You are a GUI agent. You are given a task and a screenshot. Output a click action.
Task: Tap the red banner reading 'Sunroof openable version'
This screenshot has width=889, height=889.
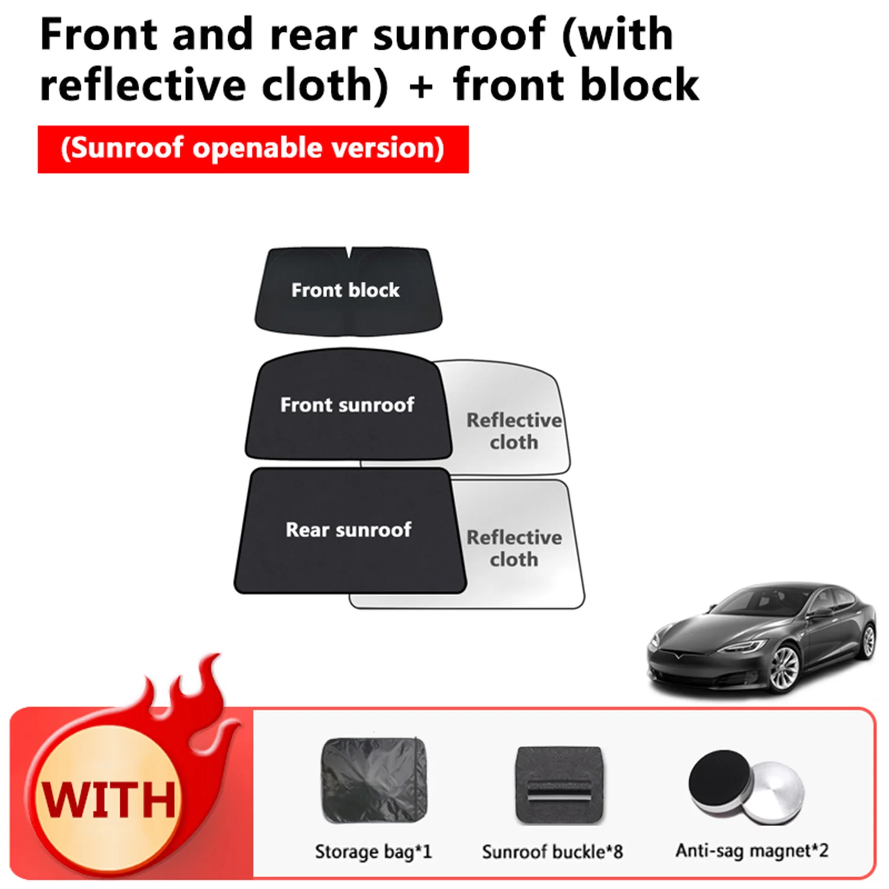[x=253, y=149]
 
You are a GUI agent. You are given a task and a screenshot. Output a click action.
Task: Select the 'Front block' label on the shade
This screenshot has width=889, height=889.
[x=346, y=290]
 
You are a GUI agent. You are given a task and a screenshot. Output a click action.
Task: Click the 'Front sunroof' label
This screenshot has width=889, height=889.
[x=347, y=405]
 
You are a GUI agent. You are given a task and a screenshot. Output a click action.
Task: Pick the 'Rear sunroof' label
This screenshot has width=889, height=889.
[x=348, y=530]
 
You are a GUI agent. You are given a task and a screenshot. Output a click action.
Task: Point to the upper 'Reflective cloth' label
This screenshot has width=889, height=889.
[x=514, y=431]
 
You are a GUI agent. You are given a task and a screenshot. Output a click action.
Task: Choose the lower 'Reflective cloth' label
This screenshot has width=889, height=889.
[x=514, y=548]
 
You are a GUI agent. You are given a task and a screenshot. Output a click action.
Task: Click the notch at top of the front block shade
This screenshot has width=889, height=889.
[x=348, y=253]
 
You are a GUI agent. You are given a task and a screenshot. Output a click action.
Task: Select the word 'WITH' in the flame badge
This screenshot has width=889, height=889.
[x=108, y=800]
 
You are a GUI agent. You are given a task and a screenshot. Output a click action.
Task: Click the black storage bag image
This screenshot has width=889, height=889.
[x=374, y=779]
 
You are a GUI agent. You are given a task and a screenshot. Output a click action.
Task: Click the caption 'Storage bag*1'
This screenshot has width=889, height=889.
[x=373, y=852]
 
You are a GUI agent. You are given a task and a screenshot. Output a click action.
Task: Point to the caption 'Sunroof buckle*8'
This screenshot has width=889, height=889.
[x=552, y=852]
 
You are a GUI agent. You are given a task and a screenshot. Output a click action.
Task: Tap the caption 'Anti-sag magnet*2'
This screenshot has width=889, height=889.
[x=752, y=850]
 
